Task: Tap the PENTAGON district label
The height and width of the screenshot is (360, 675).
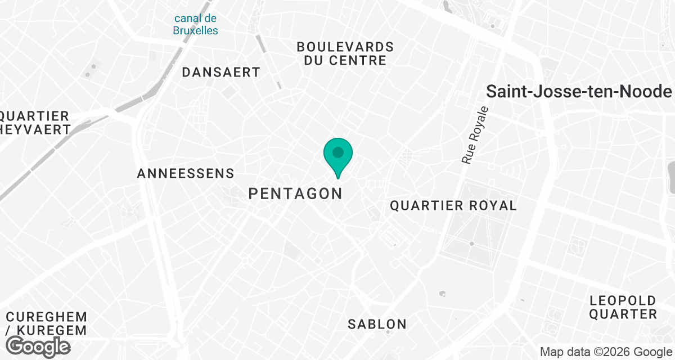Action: coord(295,194)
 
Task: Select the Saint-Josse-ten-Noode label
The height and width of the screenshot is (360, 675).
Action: coord(579,92)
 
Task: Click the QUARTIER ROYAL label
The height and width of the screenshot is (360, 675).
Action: coord(453,206)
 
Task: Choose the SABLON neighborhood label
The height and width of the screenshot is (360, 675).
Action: coord(377,324)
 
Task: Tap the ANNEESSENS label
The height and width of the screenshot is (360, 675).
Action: coord(185,174)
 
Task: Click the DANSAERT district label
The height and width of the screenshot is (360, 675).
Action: coord(221,73)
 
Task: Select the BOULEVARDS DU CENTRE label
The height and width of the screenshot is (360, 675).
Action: coord(345,53)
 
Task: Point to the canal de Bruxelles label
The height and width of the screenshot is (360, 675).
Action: coord(195,25)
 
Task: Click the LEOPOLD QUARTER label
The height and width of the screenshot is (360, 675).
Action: coord(623,307)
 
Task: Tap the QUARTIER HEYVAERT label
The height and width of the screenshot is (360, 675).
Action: coord(35,123)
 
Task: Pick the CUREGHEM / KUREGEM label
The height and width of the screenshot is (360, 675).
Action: coord(44,323)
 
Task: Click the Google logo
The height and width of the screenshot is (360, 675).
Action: coord(38,345)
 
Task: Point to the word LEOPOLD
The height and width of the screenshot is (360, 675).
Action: coord(623,300)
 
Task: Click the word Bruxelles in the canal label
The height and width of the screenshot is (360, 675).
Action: coord(195,30)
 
